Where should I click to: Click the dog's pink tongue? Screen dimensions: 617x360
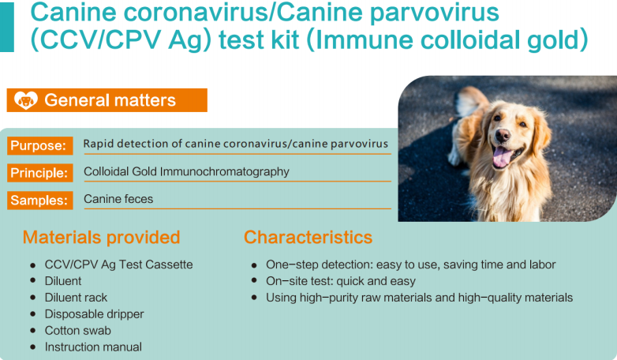point(501,157)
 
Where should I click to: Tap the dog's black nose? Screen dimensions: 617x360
point(503,136)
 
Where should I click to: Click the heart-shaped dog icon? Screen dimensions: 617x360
point(26,100)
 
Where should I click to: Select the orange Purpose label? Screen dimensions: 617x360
point(39,146)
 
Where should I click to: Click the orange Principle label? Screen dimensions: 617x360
point(39,173)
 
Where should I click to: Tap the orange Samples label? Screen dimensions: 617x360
point(39,200)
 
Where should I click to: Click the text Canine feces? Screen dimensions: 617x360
point(118,199)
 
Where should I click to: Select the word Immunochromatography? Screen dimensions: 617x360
point(225,172)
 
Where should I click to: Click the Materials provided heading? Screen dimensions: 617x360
point(101,237)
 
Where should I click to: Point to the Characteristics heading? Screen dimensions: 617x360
point(308,237)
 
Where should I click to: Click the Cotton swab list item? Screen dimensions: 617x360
point(78,331)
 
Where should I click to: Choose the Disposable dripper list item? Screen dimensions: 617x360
point(95,314)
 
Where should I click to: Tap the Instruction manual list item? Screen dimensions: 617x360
point(93,347)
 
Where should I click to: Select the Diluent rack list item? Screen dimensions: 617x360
point(76,298)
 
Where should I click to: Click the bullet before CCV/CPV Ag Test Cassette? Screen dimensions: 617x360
point(33,265)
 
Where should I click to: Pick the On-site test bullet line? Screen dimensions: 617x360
point(341,281)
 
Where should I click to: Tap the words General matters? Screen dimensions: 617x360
point(110,100)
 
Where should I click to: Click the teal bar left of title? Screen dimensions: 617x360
point(6,27)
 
